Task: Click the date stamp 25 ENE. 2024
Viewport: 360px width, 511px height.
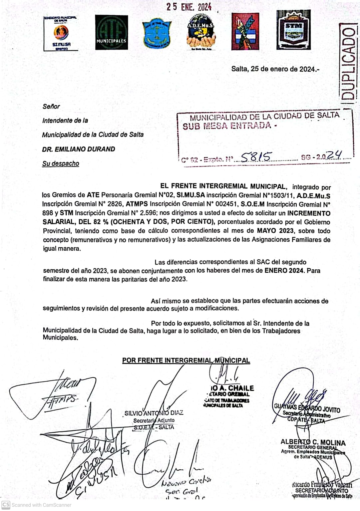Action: point(189,7)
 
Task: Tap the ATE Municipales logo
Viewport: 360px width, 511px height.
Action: point(111,33)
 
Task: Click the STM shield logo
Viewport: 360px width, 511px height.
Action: point(293,30)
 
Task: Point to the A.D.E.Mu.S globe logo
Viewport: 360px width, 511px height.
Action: point(200,33)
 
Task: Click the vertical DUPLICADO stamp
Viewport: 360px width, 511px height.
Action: point(348,63)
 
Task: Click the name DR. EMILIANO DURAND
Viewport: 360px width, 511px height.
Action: point(79,149)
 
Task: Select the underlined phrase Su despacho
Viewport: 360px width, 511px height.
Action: point(61,163)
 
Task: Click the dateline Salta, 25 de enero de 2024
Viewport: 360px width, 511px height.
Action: point(275,69)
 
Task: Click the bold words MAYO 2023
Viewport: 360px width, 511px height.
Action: point(275,230)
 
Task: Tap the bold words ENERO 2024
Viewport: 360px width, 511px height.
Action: point(284,270)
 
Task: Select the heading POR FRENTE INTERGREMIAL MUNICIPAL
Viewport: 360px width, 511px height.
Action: point(186,360)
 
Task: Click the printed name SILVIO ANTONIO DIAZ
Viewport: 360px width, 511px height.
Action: point(154,413)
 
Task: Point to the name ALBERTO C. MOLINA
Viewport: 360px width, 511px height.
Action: point(313,442)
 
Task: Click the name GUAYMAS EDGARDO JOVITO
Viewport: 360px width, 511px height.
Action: point(307,408)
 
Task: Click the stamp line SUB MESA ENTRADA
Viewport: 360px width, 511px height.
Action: point(230,126)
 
